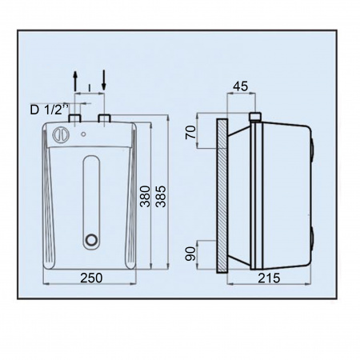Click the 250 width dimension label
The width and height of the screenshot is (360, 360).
tap(91, 278)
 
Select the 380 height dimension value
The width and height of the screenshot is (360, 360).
tap(146, 197)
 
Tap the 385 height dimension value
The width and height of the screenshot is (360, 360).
tap(161, 197)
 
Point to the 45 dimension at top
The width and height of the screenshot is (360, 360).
tap(240, 86)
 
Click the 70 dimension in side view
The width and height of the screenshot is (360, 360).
tap(190, 133)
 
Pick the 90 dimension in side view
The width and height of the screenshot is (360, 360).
tap(190, 254)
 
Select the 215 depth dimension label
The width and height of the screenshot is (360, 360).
tap(269, 278)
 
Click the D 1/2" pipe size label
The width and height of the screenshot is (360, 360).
tap(50, 110)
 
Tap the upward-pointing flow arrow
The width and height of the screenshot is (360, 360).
tap(75, 81)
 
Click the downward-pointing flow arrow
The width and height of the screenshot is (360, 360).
tap(104, 80)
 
